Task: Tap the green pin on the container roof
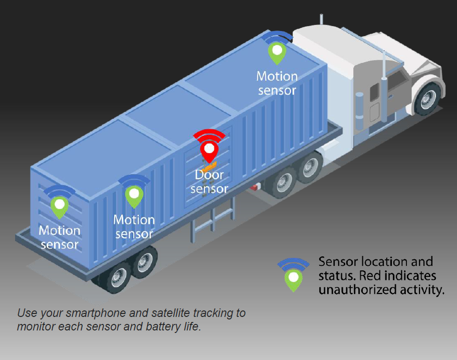(276, 52)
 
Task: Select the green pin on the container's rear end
(60, 206)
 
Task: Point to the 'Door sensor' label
(209, 182)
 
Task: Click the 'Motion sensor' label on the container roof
(277, 83)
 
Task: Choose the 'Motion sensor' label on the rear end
(60, 237)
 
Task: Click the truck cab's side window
(397, 80)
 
